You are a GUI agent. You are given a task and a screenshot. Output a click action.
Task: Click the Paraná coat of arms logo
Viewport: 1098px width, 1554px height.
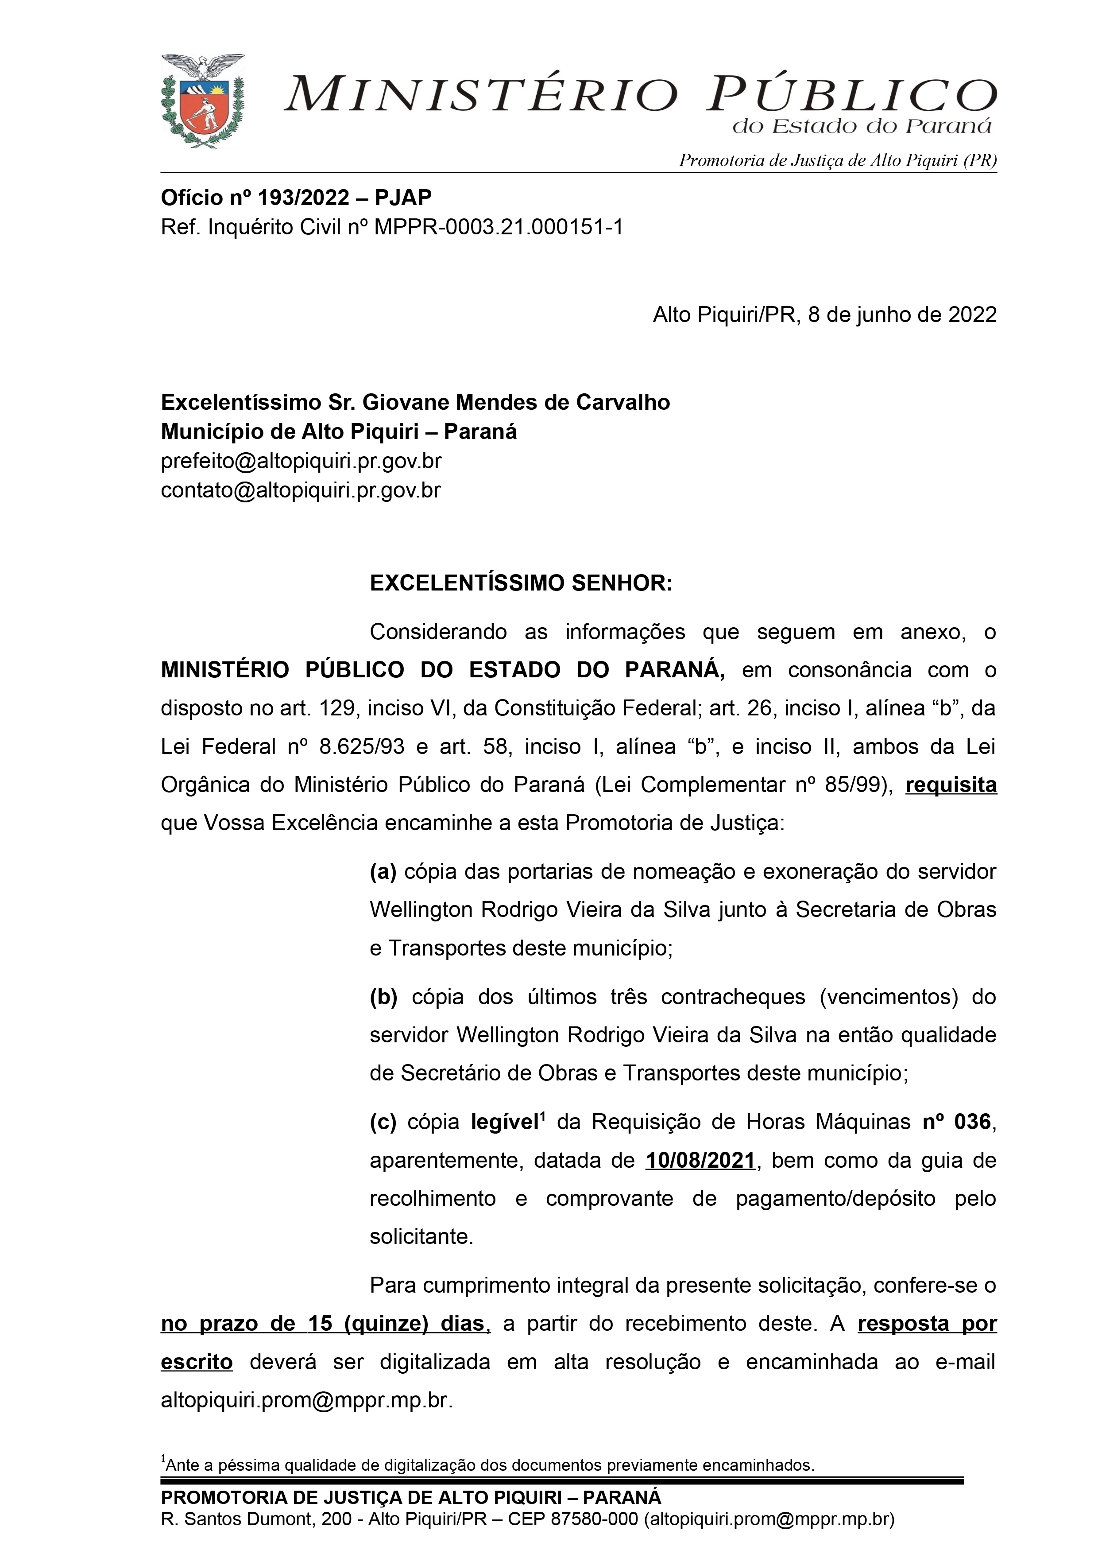(x=202, y=101)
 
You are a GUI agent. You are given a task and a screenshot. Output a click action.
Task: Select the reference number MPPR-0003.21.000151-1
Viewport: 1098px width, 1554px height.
(x=499, y=227)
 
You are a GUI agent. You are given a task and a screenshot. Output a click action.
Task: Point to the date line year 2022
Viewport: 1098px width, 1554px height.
(x=971, y=315)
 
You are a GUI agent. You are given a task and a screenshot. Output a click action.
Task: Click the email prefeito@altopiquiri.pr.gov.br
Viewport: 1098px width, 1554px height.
(x=301, y=461)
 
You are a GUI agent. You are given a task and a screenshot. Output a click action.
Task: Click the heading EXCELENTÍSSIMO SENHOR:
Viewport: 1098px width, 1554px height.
(x=521, y=583)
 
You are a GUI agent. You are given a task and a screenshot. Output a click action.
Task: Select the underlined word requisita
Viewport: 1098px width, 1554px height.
(x=951, y=785)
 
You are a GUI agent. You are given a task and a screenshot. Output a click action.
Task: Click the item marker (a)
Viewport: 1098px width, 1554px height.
(x=383, y=872)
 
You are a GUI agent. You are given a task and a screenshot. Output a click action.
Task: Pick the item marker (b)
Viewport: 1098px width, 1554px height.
(x=383, y=997)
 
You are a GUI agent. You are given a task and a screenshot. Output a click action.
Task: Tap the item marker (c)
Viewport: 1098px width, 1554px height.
(x=383, y=1122)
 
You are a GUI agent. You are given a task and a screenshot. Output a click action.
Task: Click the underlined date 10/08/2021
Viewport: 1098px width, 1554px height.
(x=700, y=1161)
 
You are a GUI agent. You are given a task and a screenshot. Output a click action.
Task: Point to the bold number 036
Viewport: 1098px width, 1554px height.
(x=972, y=1122)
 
